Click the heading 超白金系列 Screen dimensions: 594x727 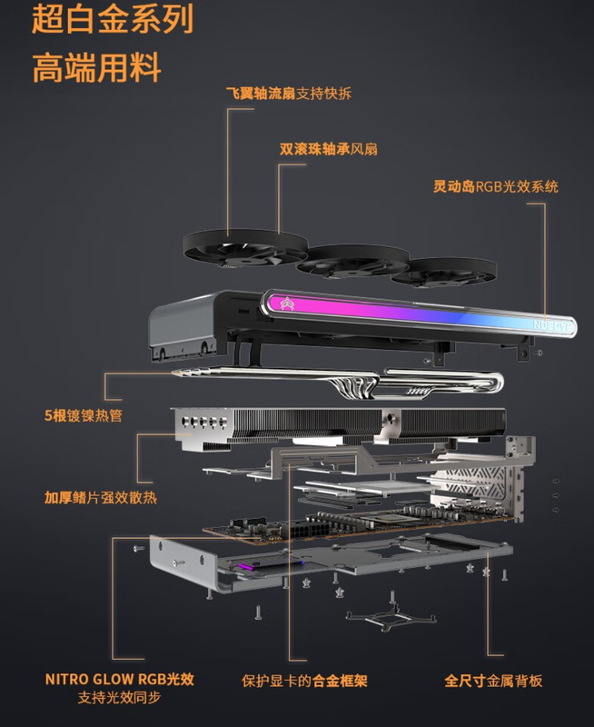[x=113, y=19]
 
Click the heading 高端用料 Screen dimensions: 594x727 [x=97, y=67]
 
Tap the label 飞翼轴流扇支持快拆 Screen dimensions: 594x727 [x=289, y=94]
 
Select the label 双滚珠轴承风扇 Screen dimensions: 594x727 [x=328, y=149]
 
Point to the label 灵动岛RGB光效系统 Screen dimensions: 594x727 [x=495, y=186]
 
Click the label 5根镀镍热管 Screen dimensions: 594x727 [x=84, y=415]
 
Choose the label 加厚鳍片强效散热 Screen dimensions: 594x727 [x=101, y=497]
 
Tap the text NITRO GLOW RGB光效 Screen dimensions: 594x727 [x=120, y=679]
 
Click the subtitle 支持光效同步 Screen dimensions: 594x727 [x=119, y=697]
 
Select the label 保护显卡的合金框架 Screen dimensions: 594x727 [x=304, y=681]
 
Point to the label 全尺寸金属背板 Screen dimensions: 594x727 [x=493, y=681]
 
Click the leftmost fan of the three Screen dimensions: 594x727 [x=245, y=248]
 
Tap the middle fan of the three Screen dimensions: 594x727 [x=353, y=262]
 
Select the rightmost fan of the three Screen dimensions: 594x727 [x=443, y=273]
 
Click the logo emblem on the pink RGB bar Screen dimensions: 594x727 [x=287, y=304]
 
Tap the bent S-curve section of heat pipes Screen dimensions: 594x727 [x=356, y=385]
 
